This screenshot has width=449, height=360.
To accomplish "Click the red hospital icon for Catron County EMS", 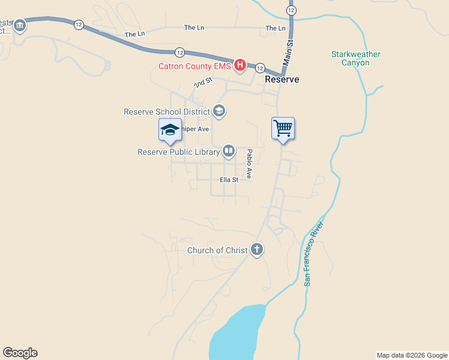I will [x=240, y=65].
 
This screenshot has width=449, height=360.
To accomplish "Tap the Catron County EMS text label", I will [x=194, y=66].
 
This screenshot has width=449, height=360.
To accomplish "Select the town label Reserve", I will [x=282, y=79].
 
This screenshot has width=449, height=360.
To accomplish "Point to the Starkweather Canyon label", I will [x=355, y=58].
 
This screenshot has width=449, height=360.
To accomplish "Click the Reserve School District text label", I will [x=167, y=112].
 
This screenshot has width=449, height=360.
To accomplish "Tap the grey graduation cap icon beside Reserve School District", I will [x=219, y=111].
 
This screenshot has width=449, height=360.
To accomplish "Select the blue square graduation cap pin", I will [x=170, y=130].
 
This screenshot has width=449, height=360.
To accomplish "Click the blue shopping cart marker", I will [x=283, y=128].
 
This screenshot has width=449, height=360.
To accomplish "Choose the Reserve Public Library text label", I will [x=178, y=152].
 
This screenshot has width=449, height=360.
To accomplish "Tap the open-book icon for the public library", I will [x=229, y=151].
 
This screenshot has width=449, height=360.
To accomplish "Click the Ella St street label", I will [x=229, y=179].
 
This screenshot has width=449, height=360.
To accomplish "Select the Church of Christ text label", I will [x=217, y=250].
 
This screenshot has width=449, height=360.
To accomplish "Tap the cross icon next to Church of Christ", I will [x=257, y=250].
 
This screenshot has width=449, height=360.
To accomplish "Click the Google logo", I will [x=20, y=352].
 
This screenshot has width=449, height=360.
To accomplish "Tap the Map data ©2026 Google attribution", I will [x=412, y=355].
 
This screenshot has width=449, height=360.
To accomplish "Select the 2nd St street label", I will [x=203, y=83].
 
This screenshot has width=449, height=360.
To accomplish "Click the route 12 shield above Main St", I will [x=291, y=10].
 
